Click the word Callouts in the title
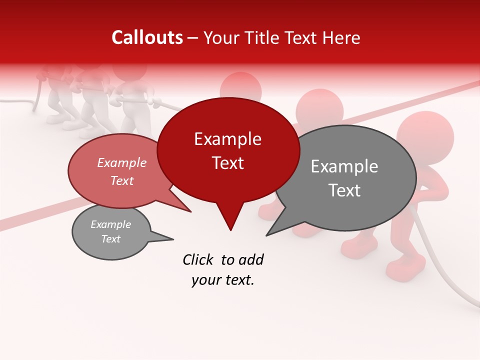coord(147,37)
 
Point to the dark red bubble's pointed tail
coord(230,222)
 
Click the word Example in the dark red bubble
coord(228,139)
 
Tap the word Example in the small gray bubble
coord(111,224)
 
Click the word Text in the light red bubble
coord(122,180)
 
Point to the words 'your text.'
coord(223,280)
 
